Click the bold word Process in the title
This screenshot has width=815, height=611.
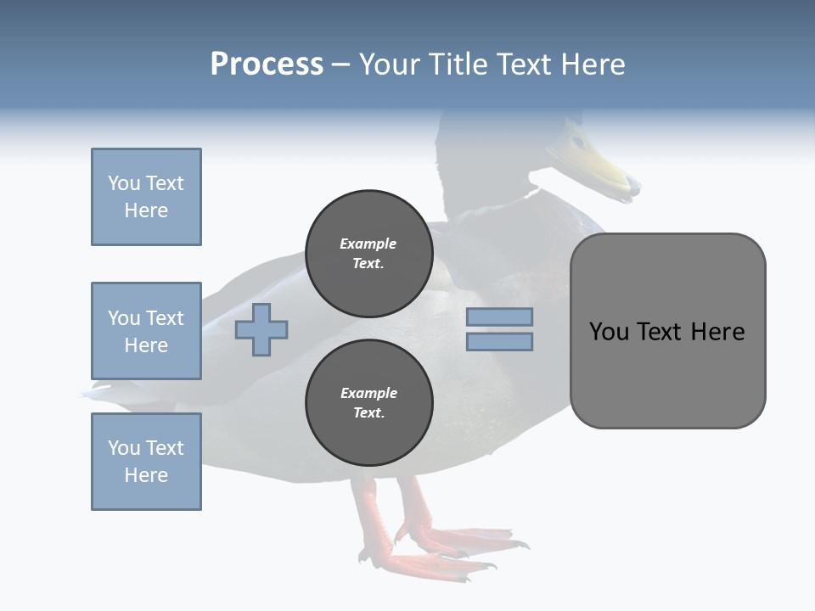click(x=267, y=64)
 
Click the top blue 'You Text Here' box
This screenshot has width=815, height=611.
click(x=146, y=197)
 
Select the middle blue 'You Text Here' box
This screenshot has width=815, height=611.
click(x=146, y=331)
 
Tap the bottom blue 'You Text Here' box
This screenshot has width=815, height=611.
click(x=146, y=462)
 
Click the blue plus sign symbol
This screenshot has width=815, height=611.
click(x=261, y=329)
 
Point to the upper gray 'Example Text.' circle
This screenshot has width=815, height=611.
click(x=368, y=254)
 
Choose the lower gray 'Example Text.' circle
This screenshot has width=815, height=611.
click(x=368, y=403)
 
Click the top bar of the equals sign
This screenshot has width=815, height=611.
click(x=500, y=317)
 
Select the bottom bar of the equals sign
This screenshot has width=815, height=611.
click(x=500, y=341)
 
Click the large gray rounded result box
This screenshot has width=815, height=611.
click(x=667, y=331)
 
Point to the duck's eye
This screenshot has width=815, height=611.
click(x=577, y=141)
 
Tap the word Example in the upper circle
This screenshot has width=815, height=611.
click(x=368, y=244)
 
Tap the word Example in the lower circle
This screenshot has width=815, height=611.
click(x=368, y=394)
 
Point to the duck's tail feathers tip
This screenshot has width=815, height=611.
click(x=85, y=395)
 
